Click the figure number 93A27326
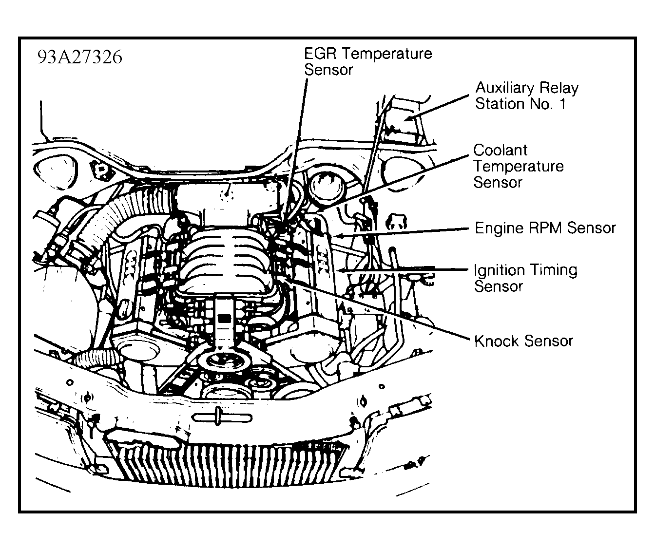pyautogui.click(x=79, y=57)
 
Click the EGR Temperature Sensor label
pyautogui.click(x=367, y=61)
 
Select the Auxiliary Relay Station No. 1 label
pyautogui.click(x=526, y=96)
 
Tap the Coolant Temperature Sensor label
pyautogui.click(x=518, y=166)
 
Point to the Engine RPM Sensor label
pyautogui.click(x=545, y=228)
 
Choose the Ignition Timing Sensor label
pyautogui.click(x=525, y=278)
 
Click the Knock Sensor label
pyautogui.click(x=523, y=341)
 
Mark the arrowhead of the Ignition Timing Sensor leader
pyautogui.click(x=341, y=269)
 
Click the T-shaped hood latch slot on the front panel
pyautogui.click(x=222, y=417)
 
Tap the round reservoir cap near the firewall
pyautogui.click(x=323, y=186)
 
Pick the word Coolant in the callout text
pyautogui.click(x=501, y=150)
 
